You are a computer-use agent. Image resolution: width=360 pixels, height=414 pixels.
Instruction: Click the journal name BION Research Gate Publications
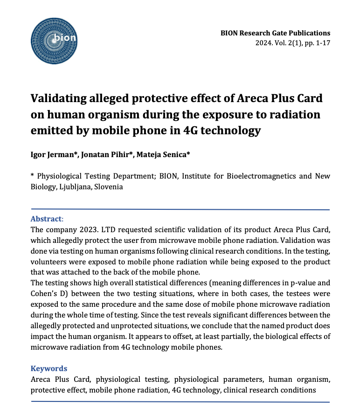tap(276, 33)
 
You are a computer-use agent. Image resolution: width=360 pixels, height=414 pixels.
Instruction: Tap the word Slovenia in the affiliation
tap(108, 186)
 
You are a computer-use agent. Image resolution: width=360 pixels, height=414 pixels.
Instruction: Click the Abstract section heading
tap(46, 219)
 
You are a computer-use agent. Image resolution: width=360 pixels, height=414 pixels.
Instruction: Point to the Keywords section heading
tap(48, 368)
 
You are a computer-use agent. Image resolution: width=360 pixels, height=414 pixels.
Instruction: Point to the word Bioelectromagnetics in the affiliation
tap(258, 176)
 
